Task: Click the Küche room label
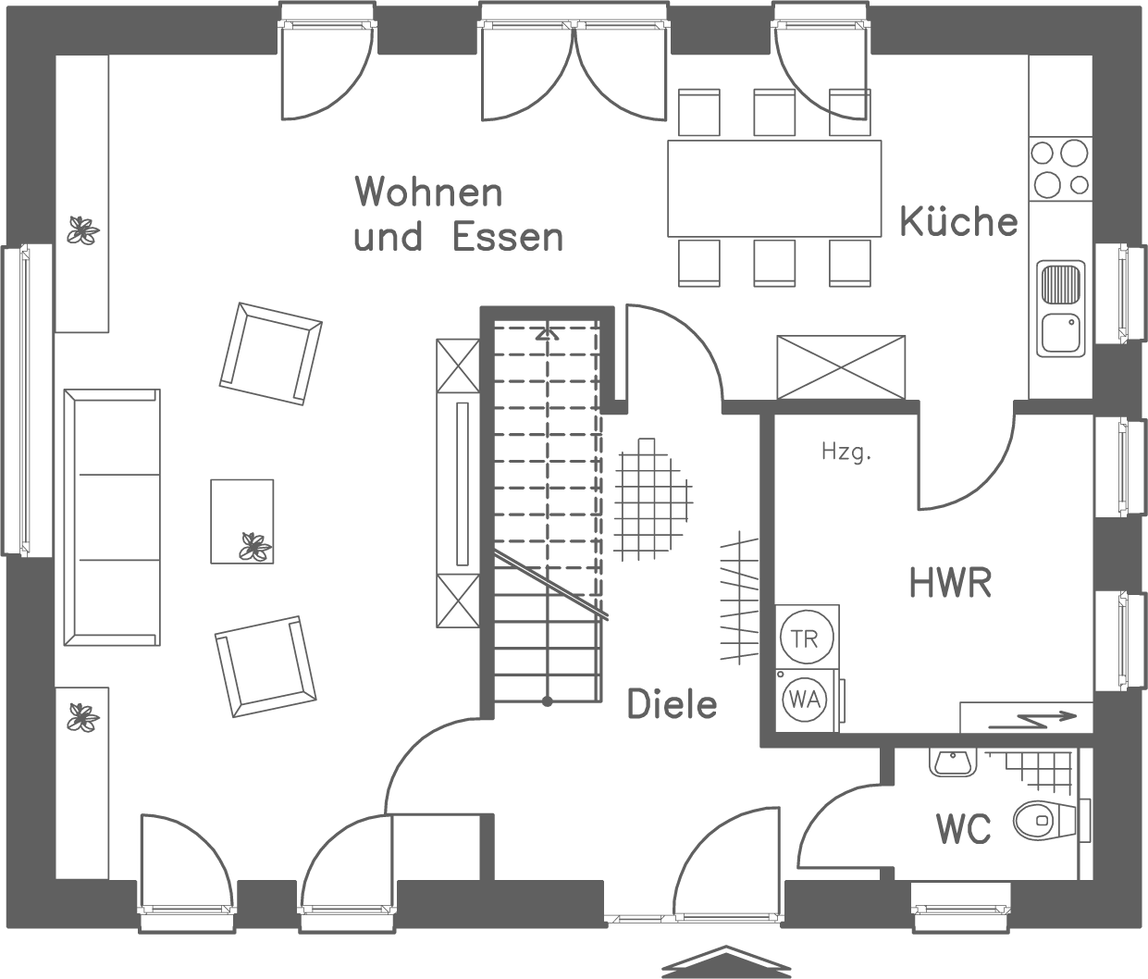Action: click(x=957, y=222)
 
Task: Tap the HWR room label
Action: click(x=950, y=584)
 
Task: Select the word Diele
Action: click(x=672, y=704)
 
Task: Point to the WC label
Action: click(x=963, y=829)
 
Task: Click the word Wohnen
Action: click(x=428, y=192)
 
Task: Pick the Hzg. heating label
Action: click(x=846, y=452)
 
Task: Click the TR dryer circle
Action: click(x=807, y=637)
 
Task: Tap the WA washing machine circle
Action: click(x=806, y=699)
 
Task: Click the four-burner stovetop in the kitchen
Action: click(x=1059, y=167)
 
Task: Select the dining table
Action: click(x=774, y=188)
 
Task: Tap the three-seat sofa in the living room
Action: click(x=111, y=517)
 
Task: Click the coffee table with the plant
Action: click(x=241, y=521)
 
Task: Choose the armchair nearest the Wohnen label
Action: click(x=270, y=354)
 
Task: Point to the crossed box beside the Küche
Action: click(x=840, y=367)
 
